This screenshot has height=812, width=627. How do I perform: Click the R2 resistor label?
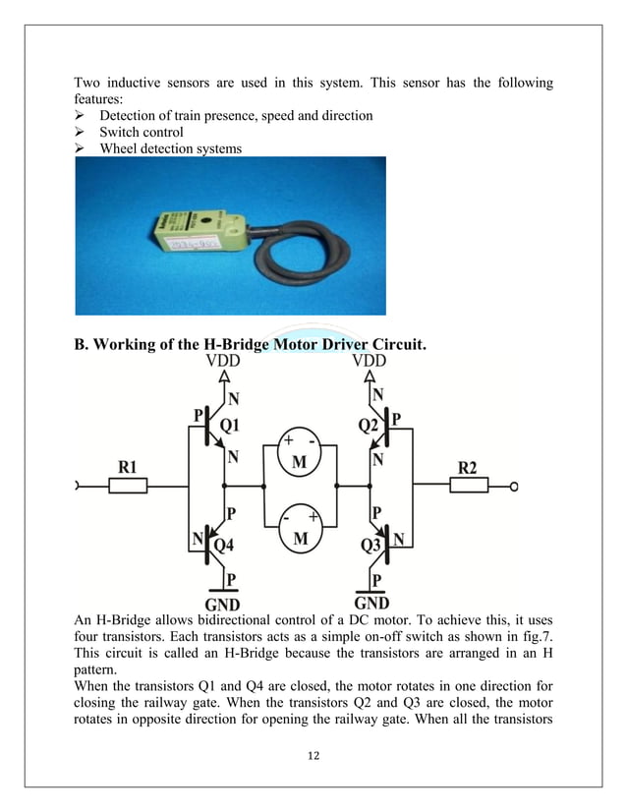[x=467, y=468]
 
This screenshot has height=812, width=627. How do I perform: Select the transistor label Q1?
[x=229, y=427]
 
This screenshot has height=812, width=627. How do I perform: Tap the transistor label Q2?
[x=369, y=427]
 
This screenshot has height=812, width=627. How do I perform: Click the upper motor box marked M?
[x=300, y=460]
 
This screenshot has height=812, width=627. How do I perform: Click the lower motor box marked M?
[x=300, y=537]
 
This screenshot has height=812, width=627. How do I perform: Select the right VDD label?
[x=375, y=361]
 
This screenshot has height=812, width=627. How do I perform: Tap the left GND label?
[x=222, y=603]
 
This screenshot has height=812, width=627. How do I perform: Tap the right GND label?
[x=371, y=603]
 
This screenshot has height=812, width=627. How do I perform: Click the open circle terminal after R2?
[x=514, y=486]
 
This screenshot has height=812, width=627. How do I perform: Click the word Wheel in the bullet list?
[x=121, y=149]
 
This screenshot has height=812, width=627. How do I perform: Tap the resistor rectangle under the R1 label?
[x=129, y=486]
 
